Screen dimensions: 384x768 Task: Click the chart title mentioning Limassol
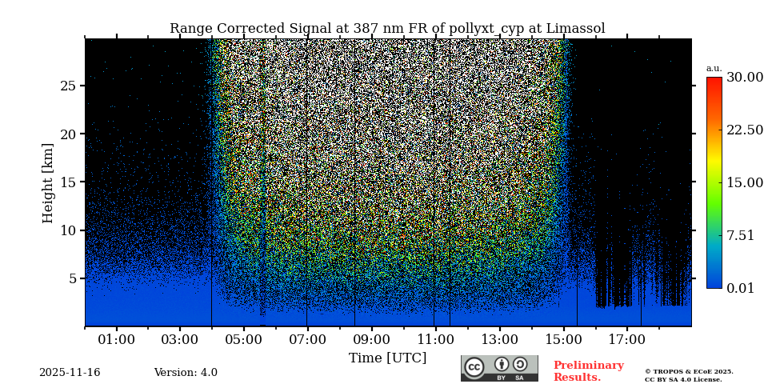tap(387, 29)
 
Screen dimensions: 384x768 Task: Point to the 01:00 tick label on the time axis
tap(116, 340)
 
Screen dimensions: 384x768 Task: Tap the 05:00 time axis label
tap(243, 340)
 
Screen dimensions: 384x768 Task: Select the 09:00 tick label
tap(371, 340)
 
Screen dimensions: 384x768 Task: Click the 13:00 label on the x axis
tap(499, 340)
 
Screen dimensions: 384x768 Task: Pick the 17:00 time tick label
tap(626, 340)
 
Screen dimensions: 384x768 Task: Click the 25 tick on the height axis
tap(67, 86)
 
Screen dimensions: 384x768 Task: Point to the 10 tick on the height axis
tap(67, 230)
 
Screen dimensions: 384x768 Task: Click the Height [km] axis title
tap(48, 182)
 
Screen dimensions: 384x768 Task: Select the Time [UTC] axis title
tap(387, 358)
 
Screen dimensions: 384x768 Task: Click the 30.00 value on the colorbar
tap(744, 78)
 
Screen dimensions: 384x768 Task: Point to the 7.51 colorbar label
tap(740, 235)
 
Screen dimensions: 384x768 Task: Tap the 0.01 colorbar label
tap(740, 288)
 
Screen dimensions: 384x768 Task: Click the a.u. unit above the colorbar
tap(714, 69)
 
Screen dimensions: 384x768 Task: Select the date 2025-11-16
tap(70, 373)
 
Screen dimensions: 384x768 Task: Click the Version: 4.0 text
tap(186, 373)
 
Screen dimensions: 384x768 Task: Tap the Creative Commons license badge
tap(499, 368)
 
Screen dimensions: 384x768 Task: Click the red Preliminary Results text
tap(588, 371)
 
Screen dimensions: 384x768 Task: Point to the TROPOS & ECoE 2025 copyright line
tap(689, 371)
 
